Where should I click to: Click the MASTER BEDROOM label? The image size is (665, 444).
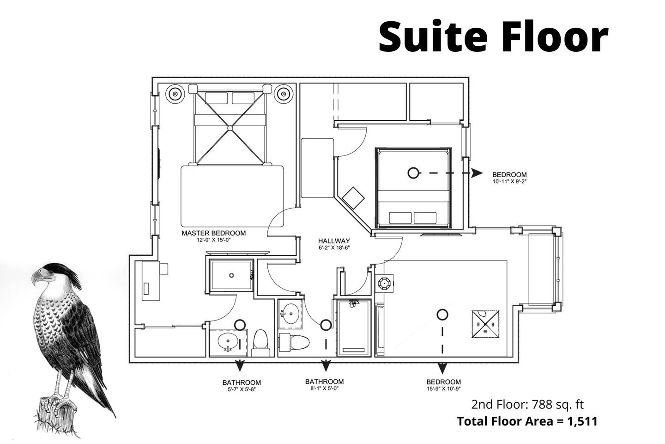[x=214, y=233]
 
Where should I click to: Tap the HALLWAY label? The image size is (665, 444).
[x=334, y=241]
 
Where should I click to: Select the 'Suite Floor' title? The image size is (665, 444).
[x=494, y=37]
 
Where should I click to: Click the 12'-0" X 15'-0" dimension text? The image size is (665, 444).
[x=214, y=240]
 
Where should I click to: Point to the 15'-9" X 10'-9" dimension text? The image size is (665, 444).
[x=443, y=388]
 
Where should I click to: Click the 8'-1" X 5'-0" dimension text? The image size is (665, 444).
[x=324, y=388]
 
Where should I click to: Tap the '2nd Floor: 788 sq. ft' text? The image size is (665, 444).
[x=527, y=404]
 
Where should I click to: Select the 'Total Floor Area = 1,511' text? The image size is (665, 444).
[x=527, y=421]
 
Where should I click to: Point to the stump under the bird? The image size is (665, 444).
[x=56, y=415]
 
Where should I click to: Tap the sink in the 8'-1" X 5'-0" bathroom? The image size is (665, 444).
[x=290, y=314]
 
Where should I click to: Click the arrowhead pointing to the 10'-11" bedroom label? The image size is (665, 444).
[x=478, y=173]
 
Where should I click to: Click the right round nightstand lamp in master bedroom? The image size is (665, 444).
[x=284, y=94]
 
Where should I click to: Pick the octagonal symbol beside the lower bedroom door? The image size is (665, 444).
[x=384, y=284]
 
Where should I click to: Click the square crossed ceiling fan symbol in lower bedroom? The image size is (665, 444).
[x=485, y=324]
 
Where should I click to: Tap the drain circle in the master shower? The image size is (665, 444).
[x=231, y=275]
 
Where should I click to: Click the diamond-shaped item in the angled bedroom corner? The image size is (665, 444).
[x=353, y=198]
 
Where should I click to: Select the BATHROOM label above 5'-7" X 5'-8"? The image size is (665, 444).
[x=242, y=382]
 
